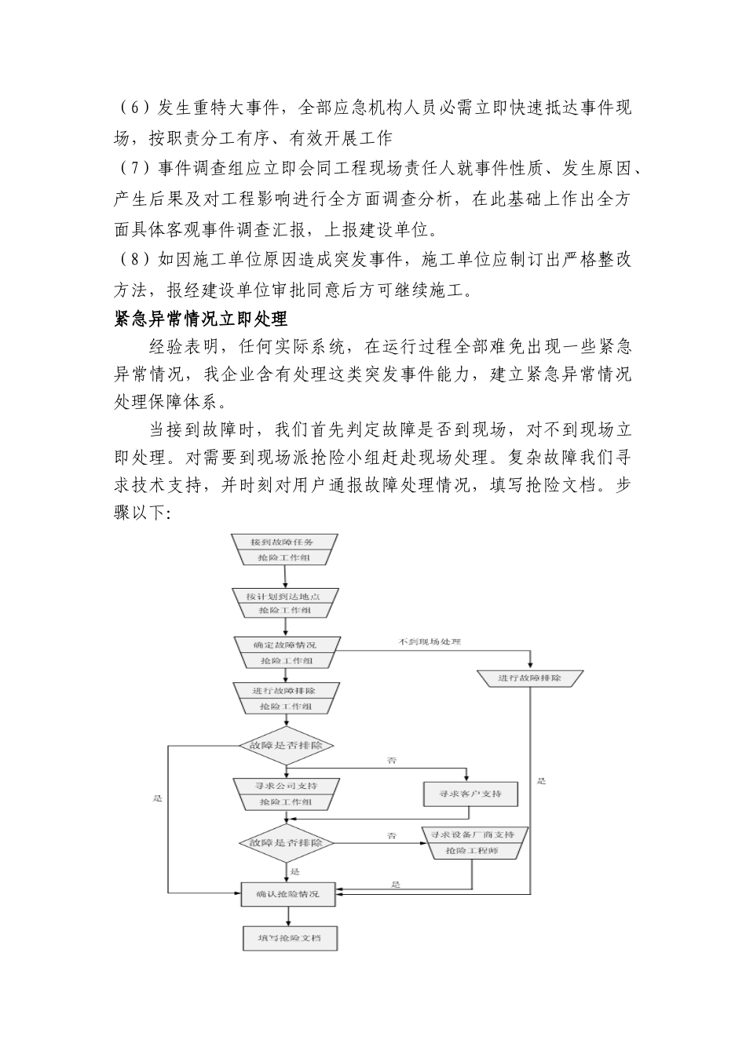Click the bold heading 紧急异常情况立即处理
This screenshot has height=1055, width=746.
pyautogui.click(x=201, y=319)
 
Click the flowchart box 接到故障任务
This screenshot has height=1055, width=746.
pyautogui.click(x=285, y=542)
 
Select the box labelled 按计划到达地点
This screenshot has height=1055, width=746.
pyautogui.click(x=285, y=597)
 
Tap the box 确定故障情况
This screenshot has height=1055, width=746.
pyautogui.click(x=285, y=644)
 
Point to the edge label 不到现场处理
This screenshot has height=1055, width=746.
pyautogui.click(x=430, y=642)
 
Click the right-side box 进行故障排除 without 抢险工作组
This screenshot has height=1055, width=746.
pyautogui.click(x=530, y=677)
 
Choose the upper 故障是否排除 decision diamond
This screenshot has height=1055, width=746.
pyautogui.click(x=286, y=744)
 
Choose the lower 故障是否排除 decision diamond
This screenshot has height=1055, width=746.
pyautogui.click(x=286, y=842)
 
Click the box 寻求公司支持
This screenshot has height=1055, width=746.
pyautogui.click(x=286, y=785)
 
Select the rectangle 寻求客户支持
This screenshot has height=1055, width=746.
pyautogui.click(x=471, y=794)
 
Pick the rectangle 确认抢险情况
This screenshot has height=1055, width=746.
pyautogui.click(x=288, y=893)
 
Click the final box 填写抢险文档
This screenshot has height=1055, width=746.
pyautogui.click(x=288, y=939)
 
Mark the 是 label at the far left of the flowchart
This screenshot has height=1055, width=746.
pyautogui.click(x=158, y=798)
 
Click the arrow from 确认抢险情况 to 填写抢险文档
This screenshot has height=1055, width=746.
pyautogui.click(x=288, y=915)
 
